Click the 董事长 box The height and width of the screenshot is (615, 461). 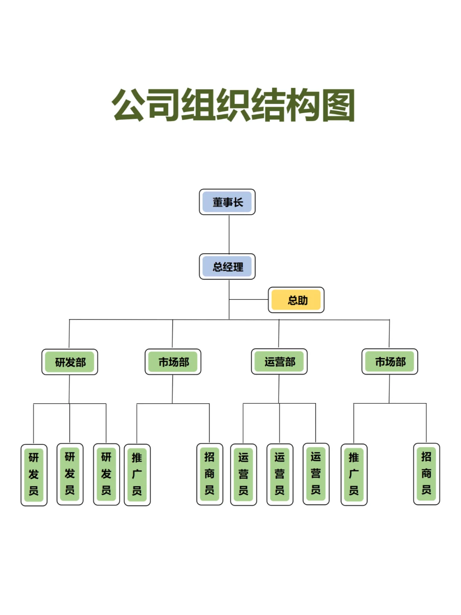click(x=227, y=202)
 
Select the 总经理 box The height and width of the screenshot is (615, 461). click(x=227, y=266)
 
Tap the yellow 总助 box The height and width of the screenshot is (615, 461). click(x=296, y=300)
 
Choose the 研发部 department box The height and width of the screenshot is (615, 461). click(x=70, y=362)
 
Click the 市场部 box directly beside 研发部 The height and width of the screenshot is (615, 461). click(x=173, y=362)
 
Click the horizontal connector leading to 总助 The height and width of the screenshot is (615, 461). click(x=248, y=299)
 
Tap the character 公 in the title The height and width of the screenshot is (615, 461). click(x=128, y=105)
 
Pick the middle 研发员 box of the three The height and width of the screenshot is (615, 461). click(x=70, y=474)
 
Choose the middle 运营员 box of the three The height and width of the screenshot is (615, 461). click(x=280, y=474)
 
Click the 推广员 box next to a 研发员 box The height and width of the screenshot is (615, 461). click(x=137, y=474)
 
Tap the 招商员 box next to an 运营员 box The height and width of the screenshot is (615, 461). click(x=210, y=474)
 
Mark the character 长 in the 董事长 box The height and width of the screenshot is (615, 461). click(x=238, y=202)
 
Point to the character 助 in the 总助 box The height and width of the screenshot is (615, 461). click(x=303, y=300)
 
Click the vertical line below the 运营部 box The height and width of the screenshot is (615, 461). click(x=279, y=389)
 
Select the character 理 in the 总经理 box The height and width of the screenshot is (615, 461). click(x=238, y=267)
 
